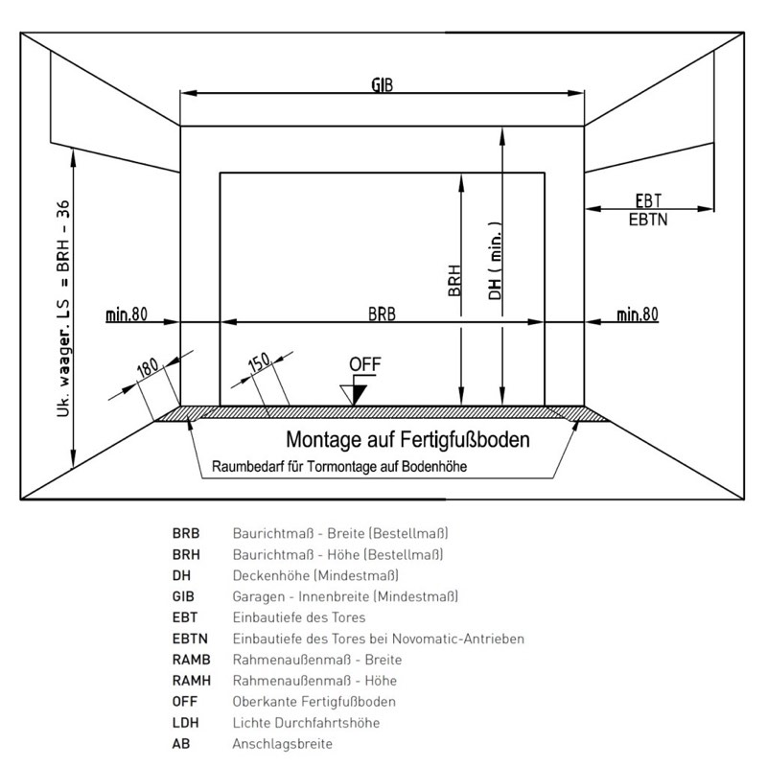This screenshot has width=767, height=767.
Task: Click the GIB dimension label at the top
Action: [382, 84]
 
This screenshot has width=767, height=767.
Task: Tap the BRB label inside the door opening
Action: [382, 314]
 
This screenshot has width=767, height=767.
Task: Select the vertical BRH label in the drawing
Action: [454, 280]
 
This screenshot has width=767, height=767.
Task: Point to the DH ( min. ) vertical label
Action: [495, 261]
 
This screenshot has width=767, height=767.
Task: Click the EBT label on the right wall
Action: [648, 200]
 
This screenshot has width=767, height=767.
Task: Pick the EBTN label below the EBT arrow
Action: [648, 220]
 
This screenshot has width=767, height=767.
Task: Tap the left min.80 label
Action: [127, 314]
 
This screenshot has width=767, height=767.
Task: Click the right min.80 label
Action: [638, 314]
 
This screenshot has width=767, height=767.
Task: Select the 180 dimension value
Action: [148, 367]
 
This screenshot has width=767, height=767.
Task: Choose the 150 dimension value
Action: [259, 362]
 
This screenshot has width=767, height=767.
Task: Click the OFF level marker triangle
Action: [354, 395]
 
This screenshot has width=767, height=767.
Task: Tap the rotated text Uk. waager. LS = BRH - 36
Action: [63, 309]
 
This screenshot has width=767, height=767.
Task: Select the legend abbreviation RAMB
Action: [191, 660]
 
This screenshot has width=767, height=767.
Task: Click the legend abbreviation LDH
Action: [185, 723]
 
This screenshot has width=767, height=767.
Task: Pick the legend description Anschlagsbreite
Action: [282, 744]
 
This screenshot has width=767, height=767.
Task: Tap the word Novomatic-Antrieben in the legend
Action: [458, 639]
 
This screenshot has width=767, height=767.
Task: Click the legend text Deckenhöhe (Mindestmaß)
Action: [315, 575]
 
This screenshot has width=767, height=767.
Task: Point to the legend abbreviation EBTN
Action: [190, 639]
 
